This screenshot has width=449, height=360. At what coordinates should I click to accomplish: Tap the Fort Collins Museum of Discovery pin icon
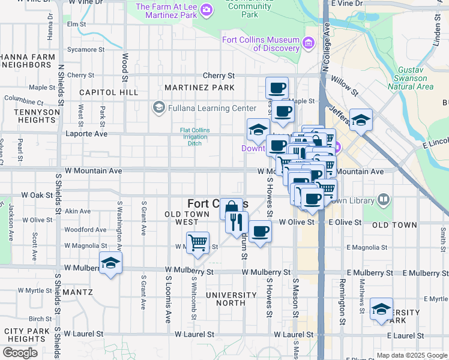[309, 43]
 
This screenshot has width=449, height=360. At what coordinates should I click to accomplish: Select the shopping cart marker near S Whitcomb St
[197, 243]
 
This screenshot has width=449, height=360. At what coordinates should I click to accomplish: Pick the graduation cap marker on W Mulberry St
[110, 263]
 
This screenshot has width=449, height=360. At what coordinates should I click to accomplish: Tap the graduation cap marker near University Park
[381, 309]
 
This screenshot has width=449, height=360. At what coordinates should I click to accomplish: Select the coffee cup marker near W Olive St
[260, 232]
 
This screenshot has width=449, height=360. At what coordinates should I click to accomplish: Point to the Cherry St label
[218, 76]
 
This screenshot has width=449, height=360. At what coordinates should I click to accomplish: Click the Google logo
[20, 353]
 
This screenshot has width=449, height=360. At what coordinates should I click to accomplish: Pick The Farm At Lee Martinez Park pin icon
[206, 10]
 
